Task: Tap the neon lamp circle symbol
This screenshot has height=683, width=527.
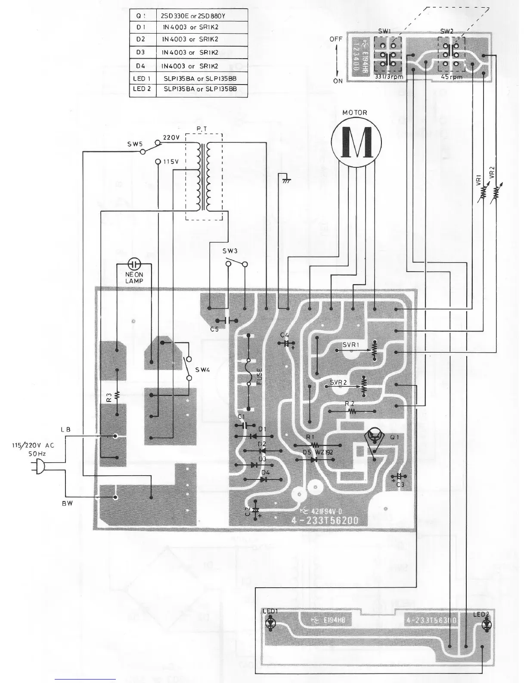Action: point(134,263)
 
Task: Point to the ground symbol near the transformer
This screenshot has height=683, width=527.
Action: point(285,180)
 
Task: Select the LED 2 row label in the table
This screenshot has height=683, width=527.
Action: point(142,89)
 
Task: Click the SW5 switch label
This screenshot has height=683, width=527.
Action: point(135,144)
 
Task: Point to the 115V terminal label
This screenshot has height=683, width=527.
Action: point(170,162)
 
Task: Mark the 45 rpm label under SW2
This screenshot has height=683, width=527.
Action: point(452,77)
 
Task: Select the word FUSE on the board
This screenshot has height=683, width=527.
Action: point(259,376)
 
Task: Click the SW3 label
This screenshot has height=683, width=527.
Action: point(230,251)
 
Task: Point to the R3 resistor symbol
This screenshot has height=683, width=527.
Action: point(117,396)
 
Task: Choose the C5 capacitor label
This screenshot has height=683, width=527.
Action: point(214,329)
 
